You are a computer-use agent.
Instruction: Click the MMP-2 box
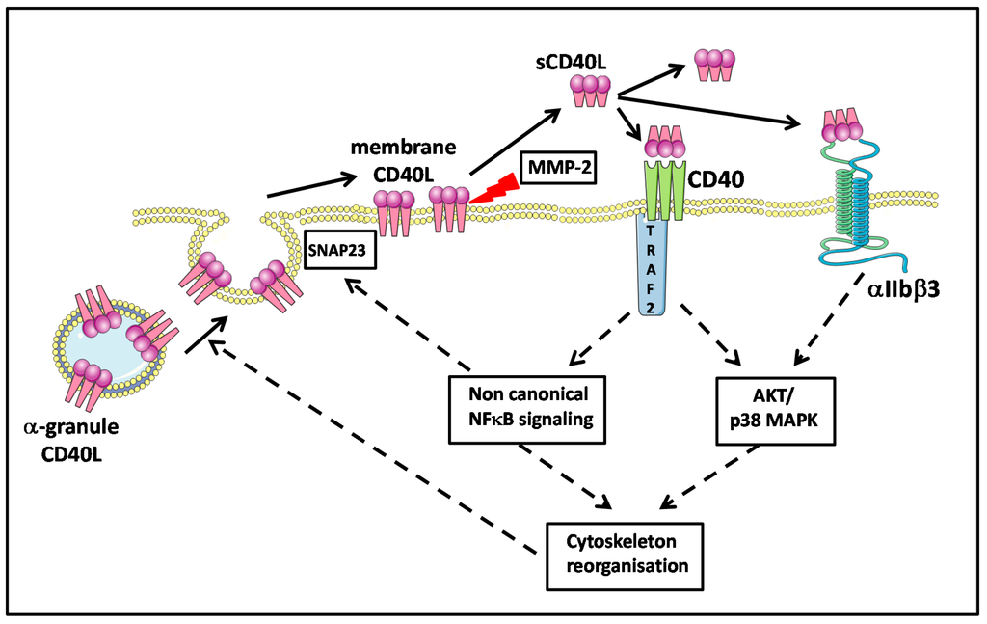pos(558,168)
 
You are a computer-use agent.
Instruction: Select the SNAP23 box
pos(340,250)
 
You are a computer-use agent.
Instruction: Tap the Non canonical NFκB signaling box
pos(527,410)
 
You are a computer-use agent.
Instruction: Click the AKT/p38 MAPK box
pos(776,411)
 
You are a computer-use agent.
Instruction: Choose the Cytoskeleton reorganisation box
pos(625,556)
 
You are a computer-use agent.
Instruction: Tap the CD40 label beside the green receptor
pos(715,179)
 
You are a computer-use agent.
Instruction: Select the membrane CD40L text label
pos(403,160)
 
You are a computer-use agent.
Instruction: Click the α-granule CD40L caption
pos(71,440)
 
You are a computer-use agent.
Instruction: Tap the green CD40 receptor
pos(664,190)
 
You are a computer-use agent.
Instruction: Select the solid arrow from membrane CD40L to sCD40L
pos(515,141)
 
